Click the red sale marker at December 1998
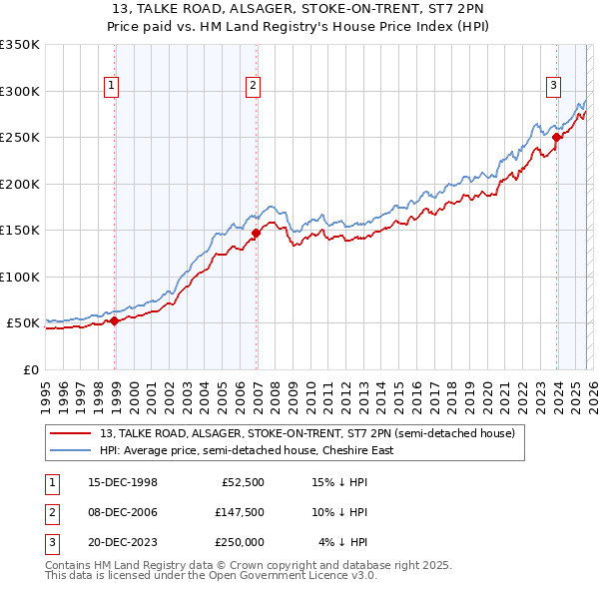click(x=115, y=320)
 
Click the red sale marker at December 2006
click(x=256, y=233)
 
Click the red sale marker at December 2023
click(x=557, y=137)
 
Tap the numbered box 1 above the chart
click(x=110, y=86)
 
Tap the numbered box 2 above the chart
click(x=254, y=86)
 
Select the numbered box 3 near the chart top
click(x=553, y=86)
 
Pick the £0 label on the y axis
click(x=30, y=369)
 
